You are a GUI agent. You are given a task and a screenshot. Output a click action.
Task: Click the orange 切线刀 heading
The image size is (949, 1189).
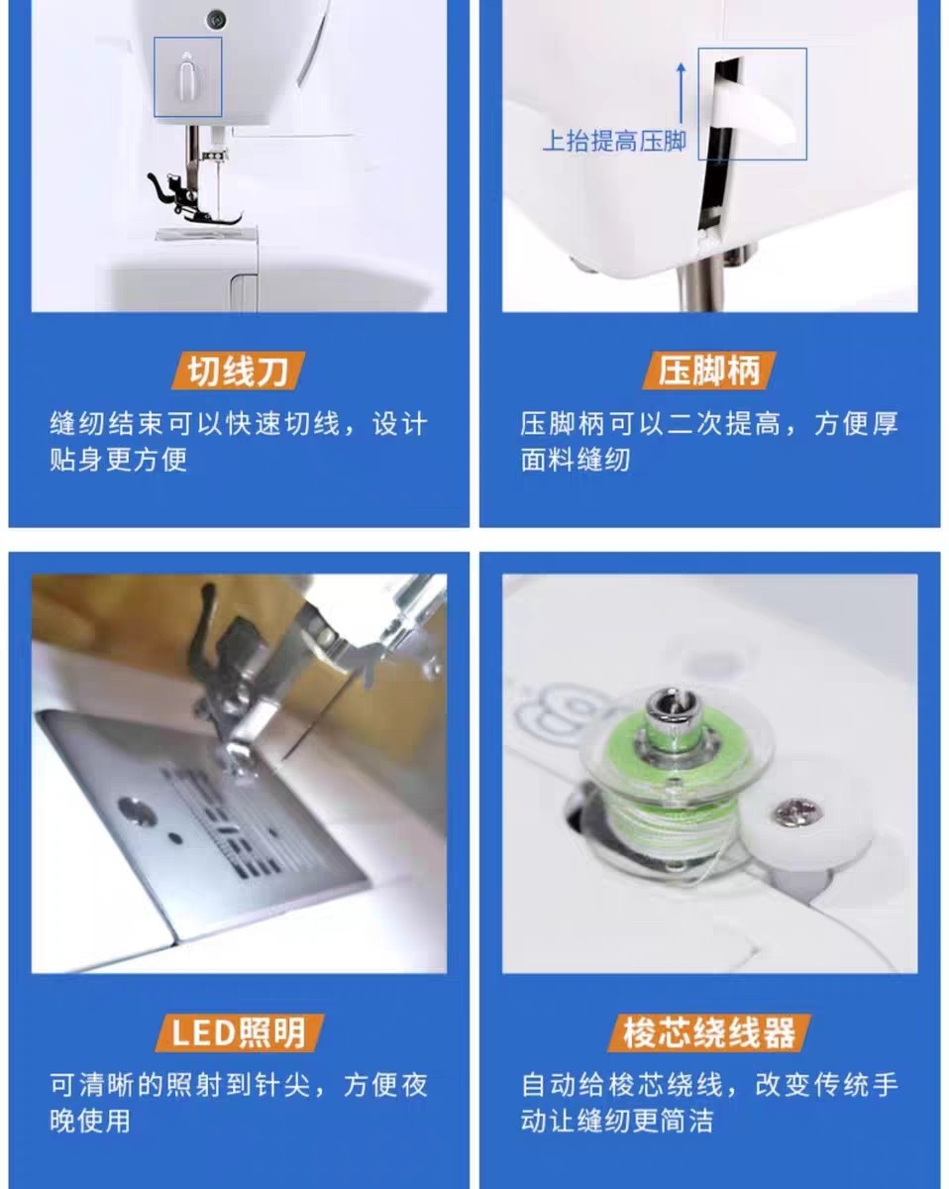point(238,371)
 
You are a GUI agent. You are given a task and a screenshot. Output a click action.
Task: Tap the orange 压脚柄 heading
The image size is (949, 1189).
point(708,371)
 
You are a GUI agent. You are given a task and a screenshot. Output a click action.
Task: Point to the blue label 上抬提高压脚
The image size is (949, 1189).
point(614,141)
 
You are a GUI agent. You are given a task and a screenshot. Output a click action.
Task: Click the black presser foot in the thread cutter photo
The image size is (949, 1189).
point(193,199)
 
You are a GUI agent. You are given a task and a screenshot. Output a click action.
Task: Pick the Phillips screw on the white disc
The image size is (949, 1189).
point(796,812)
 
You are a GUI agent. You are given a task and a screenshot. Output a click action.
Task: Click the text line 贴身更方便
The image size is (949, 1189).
point(119,459)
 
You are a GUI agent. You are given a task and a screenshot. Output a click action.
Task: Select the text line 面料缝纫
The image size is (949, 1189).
point(575,459)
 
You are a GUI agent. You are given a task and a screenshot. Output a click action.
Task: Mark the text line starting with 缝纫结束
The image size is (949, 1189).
point(239,424)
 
